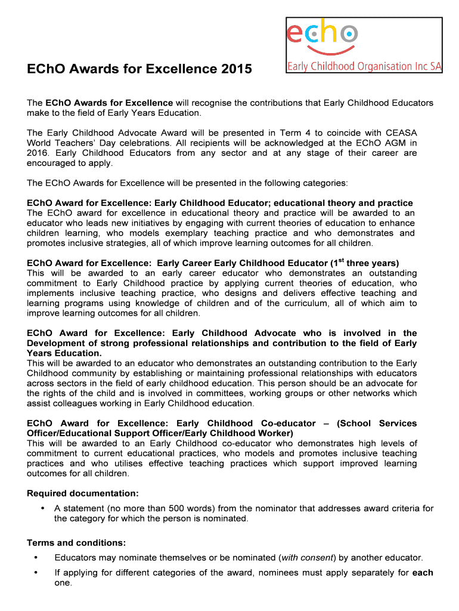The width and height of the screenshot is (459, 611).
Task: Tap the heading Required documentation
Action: (83, 493)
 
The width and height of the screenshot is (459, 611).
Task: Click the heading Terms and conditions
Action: (76, 543)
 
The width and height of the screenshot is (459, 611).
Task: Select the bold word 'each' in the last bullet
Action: (423, 573)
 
